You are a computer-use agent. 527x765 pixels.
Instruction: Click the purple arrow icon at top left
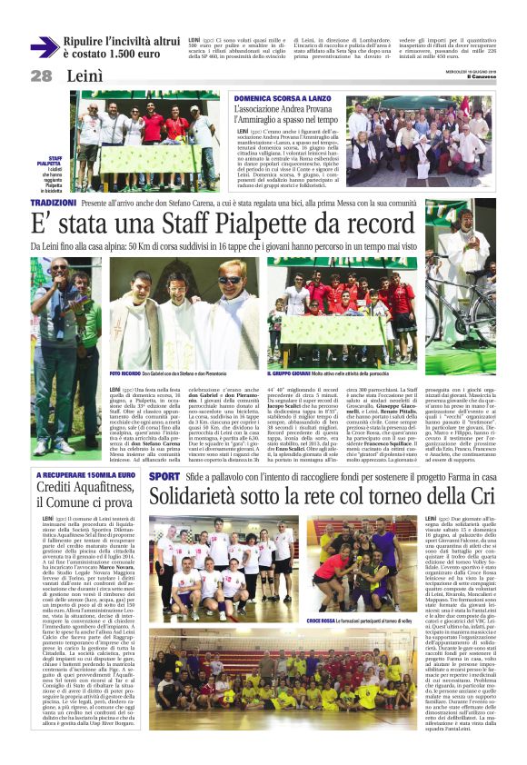coord(44,47)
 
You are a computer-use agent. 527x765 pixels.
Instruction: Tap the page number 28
coord(42,76)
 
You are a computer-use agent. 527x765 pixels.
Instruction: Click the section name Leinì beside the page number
coord(85,76)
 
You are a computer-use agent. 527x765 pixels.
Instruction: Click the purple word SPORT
coord(164,476)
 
